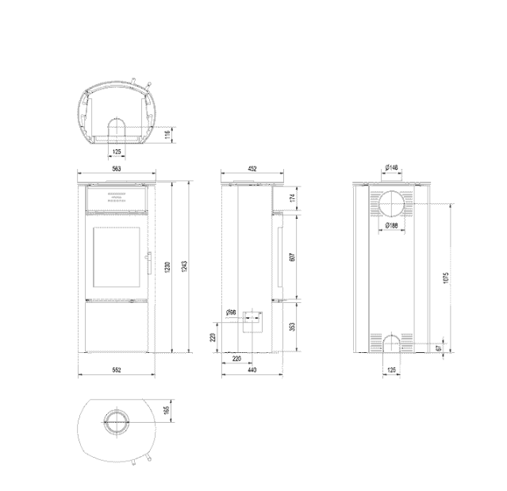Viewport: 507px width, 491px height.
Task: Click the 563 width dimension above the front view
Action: coord(116,170)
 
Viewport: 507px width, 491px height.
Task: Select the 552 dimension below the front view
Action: coord(116,370)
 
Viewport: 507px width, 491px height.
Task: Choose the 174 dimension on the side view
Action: coord(293,198)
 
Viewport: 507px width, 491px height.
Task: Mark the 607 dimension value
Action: coord(293,258)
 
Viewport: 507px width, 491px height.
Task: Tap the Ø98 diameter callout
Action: coord(231,314)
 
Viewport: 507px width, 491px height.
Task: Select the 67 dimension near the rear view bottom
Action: coord(439,347)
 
